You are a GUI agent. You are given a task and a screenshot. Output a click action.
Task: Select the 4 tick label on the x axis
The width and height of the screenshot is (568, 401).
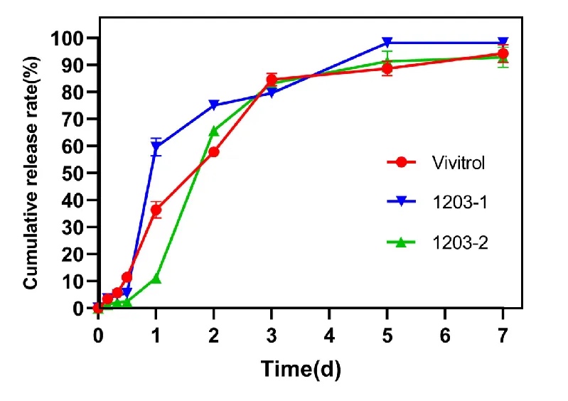329,333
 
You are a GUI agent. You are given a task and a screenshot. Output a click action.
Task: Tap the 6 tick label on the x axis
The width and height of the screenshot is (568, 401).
445,333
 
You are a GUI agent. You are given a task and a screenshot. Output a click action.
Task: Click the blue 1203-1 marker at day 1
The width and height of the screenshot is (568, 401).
156,146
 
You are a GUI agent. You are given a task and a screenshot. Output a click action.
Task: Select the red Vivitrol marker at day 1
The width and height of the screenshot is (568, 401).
156,210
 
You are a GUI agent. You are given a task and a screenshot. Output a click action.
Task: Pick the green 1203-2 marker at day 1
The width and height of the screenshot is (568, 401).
156,278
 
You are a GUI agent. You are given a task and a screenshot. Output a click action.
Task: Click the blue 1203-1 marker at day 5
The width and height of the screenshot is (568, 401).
387,43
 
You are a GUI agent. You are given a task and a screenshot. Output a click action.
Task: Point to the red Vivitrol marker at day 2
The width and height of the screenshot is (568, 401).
213,151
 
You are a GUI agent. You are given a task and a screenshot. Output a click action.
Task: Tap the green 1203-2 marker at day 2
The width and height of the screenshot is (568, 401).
213,131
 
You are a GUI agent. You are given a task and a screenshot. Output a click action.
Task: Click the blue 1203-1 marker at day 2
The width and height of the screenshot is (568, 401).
213,105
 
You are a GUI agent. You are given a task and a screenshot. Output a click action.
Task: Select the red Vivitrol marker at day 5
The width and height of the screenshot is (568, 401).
387,68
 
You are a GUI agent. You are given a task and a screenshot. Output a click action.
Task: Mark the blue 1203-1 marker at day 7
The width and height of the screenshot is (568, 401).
503,43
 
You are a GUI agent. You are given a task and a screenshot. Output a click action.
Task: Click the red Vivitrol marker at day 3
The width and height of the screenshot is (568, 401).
272,80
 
